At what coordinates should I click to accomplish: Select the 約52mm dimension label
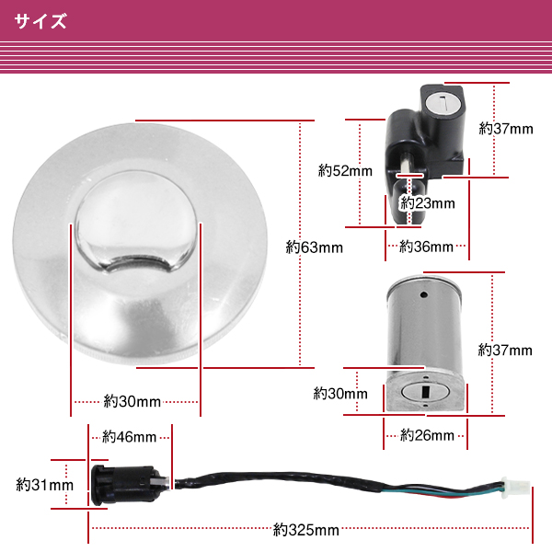point(345,170)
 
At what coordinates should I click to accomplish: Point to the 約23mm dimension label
point(429,203)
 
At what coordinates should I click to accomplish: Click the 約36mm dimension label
point(427,247)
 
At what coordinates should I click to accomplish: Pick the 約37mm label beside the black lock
point(506,129)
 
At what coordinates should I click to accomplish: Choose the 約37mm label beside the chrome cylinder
point(505,350)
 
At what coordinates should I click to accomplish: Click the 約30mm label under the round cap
point(132,401)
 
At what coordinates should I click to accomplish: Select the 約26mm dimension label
point(427,435)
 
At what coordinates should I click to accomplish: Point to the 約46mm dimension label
point(129,437)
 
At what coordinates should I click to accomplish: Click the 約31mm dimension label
point(45,484)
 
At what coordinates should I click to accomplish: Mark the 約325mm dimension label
point(306,529)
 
